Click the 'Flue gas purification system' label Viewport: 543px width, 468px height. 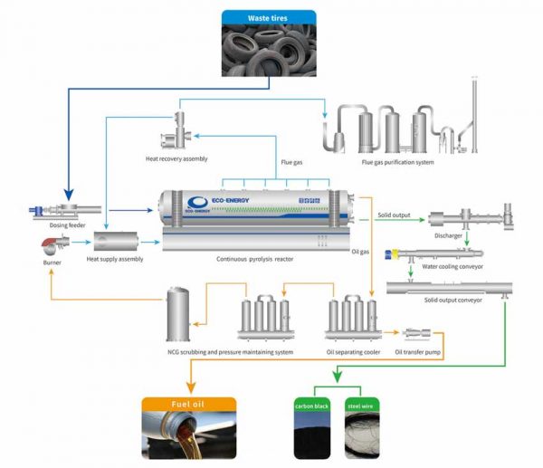tap(397, 162)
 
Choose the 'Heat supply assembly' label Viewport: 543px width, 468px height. tap(115, 260)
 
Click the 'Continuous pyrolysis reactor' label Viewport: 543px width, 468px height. tap(255, 260)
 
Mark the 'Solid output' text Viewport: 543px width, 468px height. tap(395, 215)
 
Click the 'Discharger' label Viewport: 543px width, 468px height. tap(448, 238)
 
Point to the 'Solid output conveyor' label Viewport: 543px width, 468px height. tap(451, 300)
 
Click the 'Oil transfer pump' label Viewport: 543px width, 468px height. tap(417, 351)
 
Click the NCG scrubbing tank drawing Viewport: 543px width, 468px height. tap(178, 313)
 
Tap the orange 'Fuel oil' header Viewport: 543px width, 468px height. tap(188, 405)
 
